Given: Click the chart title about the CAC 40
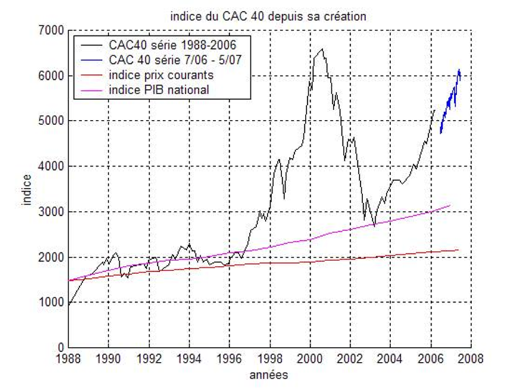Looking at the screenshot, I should point(268,17).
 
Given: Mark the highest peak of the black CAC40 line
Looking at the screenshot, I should point(322,49).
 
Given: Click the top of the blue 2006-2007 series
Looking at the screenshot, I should point(459,70).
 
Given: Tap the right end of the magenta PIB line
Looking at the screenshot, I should point(450,204).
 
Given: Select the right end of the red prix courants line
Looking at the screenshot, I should point(458,250).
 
